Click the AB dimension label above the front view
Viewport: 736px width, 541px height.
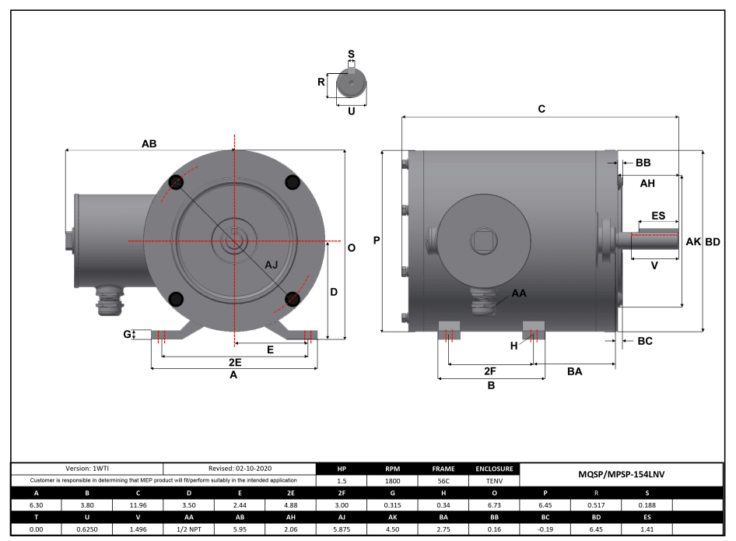coord(149,144)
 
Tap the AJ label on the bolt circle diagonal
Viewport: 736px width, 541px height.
coord(272,265)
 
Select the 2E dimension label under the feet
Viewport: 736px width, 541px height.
coord(233,363)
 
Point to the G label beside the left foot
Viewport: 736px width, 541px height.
coord(128,335)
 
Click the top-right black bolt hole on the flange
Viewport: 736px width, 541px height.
coord(293,182)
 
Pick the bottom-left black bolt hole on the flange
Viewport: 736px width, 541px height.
coord(175,299)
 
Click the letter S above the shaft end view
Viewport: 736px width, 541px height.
coord(352,54)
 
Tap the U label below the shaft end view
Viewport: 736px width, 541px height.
coord(351,111)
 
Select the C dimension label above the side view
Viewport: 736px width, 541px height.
coord(541,110)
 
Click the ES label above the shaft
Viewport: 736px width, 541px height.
coord(657,216)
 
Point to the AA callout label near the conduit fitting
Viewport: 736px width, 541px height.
coord(519,294)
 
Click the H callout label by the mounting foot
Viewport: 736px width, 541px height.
coord(513,346)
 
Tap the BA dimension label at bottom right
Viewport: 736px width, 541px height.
coord(574,372)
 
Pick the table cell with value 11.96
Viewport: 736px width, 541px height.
coord(138,504)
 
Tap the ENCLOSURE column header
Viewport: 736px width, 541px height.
coord(495,469)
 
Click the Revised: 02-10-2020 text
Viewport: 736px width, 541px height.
coord(240,469)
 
